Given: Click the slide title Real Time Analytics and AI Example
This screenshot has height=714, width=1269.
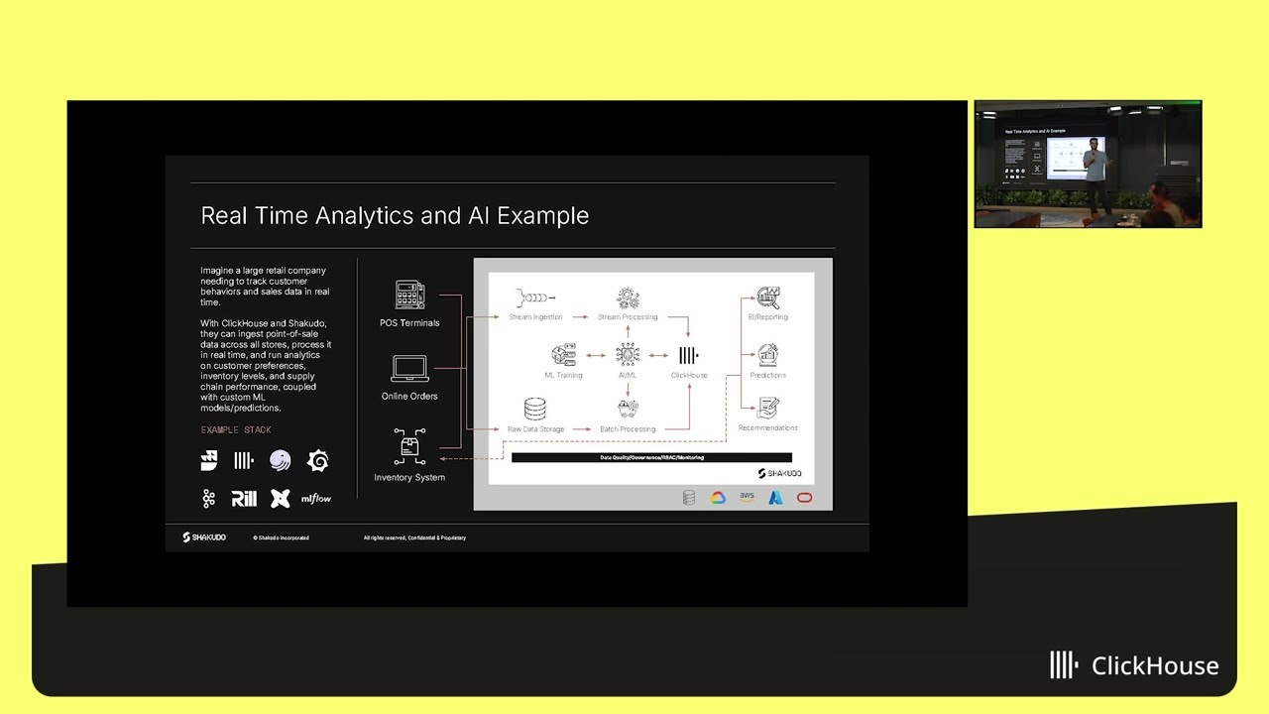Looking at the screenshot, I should click(395, 216).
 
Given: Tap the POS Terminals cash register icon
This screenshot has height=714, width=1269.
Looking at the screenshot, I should click(409, 296).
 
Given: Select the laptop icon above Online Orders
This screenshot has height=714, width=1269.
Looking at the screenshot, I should click(409, 368).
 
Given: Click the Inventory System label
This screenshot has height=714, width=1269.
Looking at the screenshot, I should click(409, 478).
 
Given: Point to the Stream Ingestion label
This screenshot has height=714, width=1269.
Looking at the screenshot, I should click(535, 317).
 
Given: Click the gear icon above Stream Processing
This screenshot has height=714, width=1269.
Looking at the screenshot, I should click(628, 297).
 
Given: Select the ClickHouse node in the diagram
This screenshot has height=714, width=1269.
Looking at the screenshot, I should click(689, 356).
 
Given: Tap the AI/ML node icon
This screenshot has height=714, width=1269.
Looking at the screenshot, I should click(628, 354).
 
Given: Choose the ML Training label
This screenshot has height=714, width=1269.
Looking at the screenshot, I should click(563, 376).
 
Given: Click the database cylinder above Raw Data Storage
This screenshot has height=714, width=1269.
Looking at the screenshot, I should click(535, 409).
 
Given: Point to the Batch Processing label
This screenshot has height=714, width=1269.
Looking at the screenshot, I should click(628, 429).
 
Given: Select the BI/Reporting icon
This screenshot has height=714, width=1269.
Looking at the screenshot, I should click(768, 297).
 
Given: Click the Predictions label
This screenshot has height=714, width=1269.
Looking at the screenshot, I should click(768, 376).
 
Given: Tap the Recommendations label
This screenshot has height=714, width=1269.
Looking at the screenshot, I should click(768, 428).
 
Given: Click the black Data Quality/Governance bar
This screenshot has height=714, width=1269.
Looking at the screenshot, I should click(651, 458).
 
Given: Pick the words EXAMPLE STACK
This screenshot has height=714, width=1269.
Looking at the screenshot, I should click(236, 430).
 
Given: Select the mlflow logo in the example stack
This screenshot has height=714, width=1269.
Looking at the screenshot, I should click(316, 499).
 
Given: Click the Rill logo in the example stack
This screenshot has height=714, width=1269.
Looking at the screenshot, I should click(244, 499).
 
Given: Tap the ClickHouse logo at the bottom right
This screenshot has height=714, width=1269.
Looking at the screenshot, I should click(1134, 665).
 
